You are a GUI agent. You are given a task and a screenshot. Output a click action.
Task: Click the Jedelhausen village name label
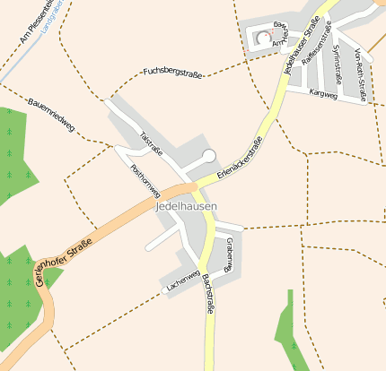click(186, 207)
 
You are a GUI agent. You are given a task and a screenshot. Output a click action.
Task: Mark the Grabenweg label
click(230, 254)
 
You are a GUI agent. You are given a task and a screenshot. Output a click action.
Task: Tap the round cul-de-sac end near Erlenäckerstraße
click(209, 156)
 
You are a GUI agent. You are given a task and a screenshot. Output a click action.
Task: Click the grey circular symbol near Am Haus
click(263, 37)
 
